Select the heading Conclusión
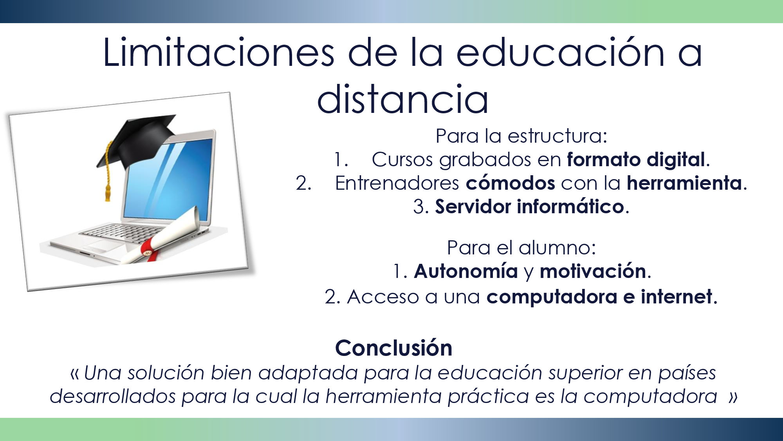pos(393,348)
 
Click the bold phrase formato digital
pos(636,160)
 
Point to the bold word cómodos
pos(510,183)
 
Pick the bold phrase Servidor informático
pos(529,207)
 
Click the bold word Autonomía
pos(466,271)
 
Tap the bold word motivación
pos(593,271)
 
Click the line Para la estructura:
pos(521,136)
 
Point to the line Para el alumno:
pos(521,248)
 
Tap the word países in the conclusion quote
pos(687,373)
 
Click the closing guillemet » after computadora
pos(733,396)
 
